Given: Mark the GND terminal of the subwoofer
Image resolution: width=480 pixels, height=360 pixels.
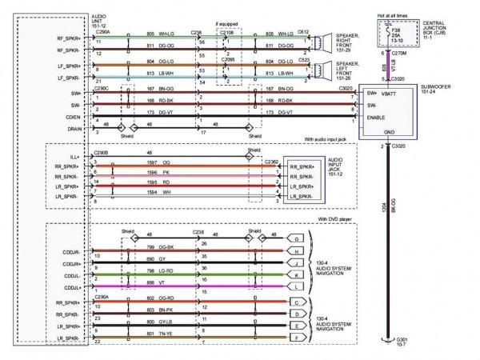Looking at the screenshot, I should [388, 132].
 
